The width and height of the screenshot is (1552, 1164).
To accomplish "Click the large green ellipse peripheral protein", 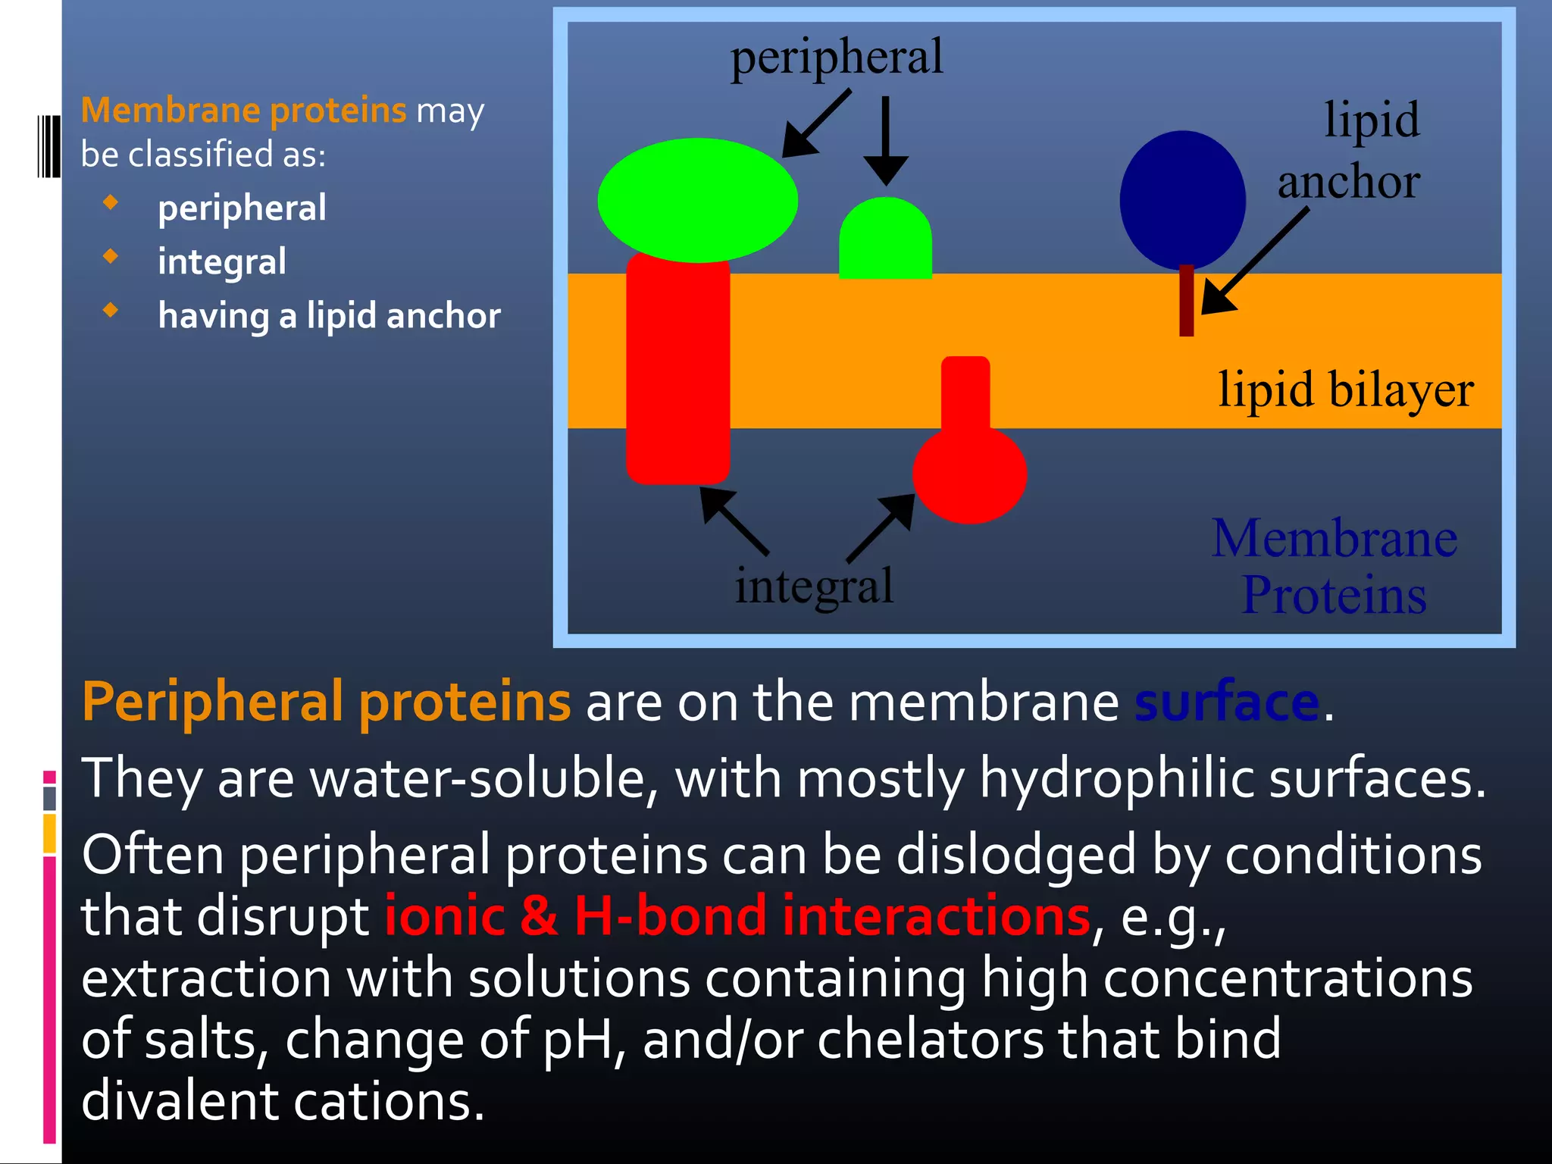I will coord(697,200).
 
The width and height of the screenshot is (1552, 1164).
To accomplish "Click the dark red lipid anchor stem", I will coord(1187,302).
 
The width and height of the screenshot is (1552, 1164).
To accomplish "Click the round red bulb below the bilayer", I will coord(969,474).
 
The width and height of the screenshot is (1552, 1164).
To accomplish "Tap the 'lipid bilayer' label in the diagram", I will coord(1346,390).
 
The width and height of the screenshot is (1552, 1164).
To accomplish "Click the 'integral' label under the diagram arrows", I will coord(814,586).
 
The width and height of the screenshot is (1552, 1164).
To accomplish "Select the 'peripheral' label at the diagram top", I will coord(837,58).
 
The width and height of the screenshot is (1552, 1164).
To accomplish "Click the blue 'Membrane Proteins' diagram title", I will coord(1334,567).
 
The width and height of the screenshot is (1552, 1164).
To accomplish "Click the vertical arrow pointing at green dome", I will coord(885,140).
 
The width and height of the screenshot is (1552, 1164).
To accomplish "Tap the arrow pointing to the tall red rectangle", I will coord(734,521).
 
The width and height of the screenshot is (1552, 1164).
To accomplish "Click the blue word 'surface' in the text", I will coord(1227,702).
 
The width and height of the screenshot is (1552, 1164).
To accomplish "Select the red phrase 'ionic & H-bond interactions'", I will coord(737,916).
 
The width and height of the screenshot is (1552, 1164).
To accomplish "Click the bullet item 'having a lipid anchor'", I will coord(329,315).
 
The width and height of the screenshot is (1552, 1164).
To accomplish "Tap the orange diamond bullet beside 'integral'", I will coord(111,256).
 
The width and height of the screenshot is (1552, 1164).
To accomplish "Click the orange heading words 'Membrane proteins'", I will coord(243,111).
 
